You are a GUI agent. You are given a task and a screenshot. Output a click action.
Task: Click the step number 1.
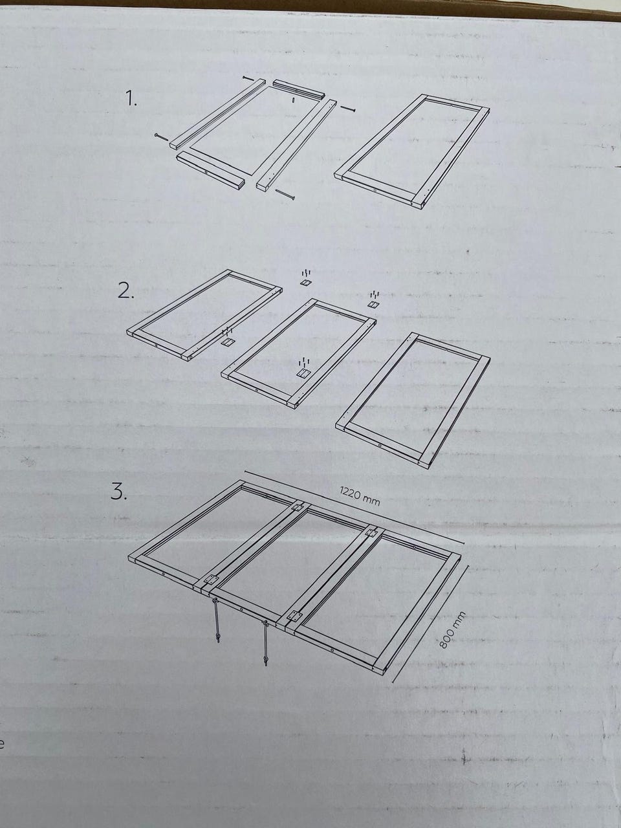point(131,99)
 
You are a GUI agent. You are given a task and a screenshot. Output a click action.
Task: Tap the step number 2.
point(126,290)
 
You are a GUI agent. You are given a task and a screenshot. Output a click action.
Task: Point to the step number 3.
point(119,492)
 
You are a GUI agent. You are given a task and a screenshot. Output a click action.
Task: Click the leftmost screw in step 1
point(161,137)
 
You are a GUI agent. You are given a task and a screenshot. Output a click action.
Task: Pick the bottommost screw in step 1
point(285,194)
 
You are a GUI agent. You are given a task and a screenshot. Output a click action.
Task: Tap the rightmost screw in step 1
point(348,109)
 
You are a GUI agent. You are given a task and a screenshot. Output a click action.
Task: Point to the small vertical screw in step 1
point(294,100)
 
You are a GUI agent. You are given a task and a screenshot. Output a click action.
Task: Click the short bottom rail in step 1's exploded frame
point(210,171)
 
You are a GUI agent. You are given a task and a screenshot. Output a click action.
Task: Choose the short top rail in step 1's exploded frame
point(298,89)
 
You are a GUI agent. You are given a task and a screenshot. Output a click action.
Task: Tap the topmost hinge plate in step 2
point(306,282)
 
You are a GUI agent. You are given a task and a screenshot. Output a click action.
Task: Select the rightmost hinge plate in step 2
point(373,304)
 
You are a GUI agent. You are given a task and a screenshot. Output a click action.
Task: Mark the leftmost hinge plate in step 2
point(227,342)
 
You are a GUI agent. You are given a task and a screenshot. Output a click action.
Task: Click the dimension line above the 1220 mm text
point(354,507)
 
